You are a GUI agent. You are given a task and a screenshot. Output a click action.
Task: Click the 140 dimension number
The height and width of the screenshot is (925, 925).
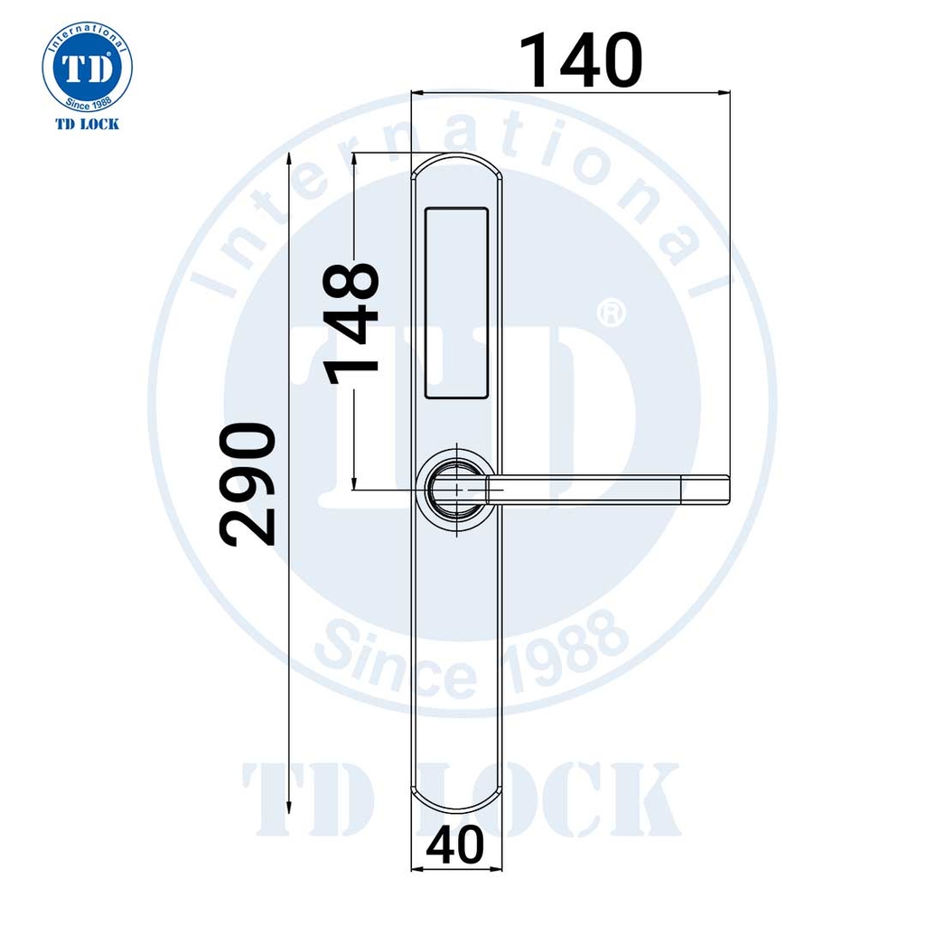point(581,61)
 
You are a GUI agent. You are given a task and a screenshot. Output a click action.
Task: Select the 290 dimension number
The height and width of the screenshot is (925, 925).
point(248,484)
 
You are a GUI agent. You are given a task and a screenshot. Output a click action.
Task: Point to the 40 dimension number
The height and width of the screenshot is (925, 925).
point(455,845)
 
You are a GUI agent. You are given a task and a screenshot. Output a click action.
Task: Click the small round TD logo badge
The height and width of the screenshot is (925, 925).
point(88,67)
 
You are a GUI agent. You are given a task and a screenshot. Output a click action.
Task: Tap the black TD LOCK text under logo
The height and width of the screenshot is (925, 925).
point(88,124)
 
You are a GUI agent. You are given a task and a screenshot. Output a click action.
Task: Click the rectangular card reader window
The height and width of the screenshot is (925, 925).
point(456,304)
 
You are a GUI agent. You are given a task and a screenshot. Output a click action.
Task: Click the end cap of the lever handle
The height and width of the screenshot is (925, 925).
point(705,490)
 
